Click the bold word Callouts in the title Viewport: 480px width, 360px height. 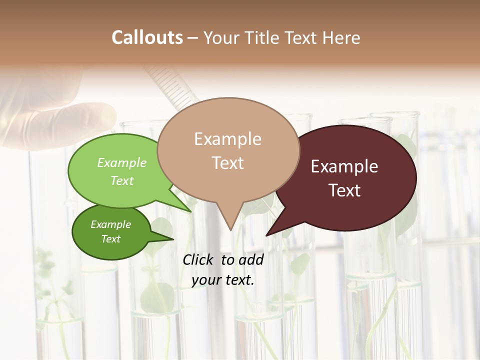click(147, 37)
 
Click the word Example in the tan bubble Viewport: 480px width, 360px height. click(227, 139)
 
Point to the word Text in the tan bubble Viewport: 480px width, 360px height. click(227, 163)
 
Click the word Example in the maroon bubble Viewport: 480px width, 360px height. click(344, 166)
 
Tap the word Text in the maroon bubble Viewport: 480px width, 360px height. click(344, 190)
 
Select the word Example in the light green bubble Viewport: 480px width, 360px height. click(122, 163)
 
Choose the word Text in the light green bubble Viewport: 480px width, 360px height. click(122, 180)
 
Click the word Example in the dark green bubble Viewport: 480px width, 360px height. click(110, 224)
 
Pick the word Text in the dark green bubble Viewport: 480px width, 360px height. click(110, 239)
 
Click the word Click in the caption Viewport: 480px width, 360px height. click(198, 259)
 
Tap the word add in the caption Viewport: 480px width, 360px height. click(251, 259)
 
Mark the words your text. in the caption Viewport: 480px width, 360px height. click(223, 280)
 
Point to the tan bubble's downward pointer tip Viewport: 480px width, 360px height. click(230, 230)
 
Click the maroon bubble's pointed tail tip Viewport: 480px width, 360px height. click(266, 235)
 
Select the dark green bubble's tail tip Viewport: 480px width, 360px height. click(173, 238)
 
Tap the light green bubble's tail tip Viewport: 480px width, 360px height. click(191, 211)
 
